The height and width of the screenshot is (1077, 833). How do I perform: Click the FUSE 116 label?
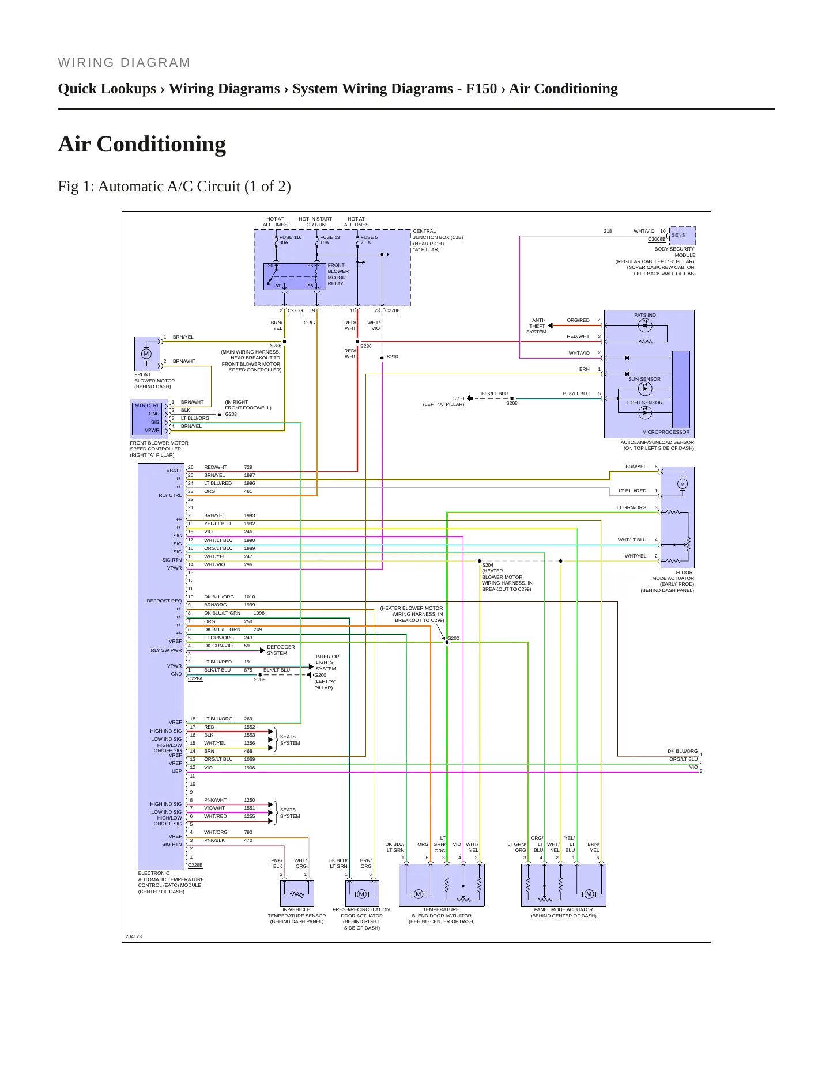[x=291, y=237]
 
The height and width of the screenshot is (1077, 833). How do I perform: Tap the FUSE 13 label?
[x=330, y=237]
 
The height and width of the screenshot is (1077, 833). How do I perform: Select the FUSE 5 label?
[x=369, y=237]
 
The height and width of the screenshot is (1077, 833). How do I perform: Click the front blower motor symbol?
[x=146, y=354]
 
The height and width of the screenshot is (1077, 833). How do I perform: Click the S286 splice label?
[x=276, y=346]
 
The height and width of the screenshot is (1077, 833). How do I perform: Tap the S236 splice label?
[x=366, y=346]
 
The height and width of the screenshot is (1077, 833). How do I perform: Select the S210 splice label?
[x=392, y=357]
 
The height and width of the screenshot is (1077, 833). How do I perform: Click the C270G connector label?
[x=295, y=311]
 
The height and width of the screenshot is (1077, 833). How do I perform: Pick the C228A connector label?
[x=195, y=679]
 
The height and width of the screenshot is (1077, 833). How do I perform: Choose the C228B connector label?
[x=195, y=865]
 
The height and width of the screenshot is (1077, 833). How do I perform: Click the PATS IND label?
[x=645, y=315]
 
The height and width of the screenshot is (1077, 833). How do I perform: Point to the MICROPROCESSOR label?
[x=666, y=432]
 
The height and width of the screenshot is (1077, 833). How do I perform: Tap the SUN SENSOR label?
[x=644, y=379]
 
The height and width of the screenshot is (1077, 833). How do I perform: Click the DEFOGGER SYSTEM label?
[x=281, y=650]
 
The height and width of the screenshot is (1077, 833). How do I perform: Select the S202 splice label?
[x=454, y=638]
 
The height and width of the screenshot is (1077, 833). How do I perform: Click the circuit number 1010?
[x=250, y=597]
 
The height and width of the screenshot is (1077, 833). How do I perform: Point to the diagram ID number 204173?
[x=134, y=936]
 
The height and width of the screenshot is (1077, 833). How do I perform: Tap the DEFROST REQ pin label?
[x=164, y=601]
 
